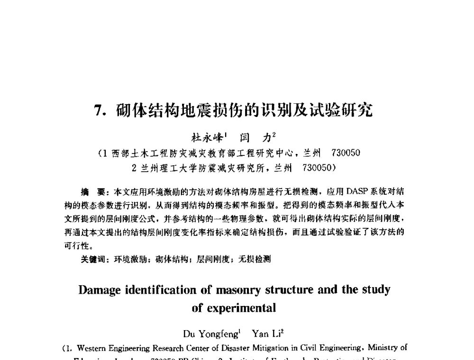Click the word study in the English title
tap(377, 289)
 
